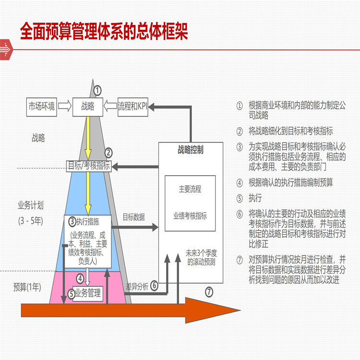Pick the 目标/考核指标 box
(x=88, y=167)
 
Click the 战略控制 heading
(x=190, y=149)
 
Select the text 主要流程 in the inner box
(x=190, y=190)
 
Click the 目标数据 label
(x=133, y=216)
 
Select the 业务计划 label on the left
(x=31, y=205)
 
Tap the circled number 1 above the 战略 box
(x=97, y=90)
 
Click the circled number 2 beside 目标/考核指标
(x=108, y=154)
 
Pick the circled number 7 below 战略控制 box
(x=209, y=291)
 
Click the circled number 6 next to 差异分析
(x=154, y=286)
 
